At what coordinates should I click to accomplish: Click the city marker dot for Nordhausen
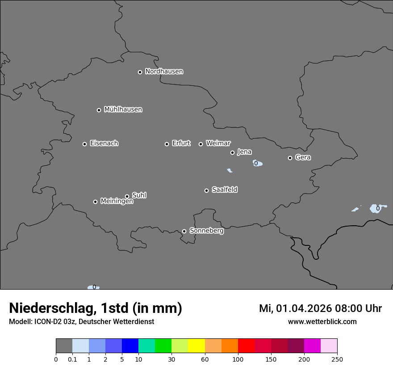(140, 72)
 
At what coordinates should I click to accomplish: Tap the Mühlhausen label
(123, 110)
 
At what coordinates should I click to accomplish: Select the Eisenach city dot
(84, 144)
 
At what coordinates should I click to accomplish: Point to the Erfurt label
(181, 143)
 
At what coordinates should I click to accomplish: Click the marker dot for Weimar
(201, 144)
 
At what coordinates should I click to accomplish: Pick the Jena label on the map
(244, 152)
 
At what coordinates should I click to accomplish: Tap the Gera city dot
(290, 158)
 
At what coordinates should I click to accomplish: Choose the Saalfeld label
(224, 190)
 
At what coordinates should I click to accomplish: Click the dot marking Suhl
(127, 196)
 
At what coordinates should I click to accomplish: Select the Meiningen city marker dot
(95, 202)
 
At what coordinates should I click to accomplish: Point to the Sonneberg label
(206, 231)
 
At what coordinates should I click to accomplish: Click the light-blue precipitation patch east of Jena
(257, 163)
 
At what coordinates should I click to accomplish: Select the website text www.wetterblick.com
(322, 321)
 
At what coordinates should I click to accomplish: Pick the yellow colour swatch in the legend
(196, 346)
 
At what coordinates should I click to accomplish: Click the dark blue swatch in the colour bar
(130, 346)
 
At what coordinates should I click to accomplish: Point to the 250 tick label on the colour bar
(337, 359)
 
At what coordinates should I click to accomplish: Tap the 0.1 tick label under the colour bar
(72, 359)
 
